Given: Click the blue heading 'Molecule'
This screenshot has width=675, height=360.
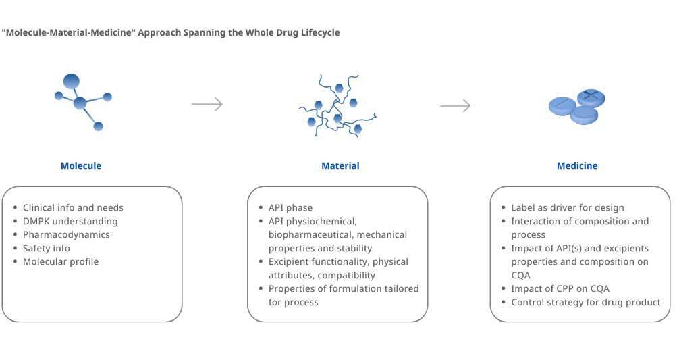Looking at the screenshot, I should pos(81,165).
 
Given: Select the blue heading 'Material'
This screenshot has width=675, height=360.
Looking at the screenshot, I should pos(340,165).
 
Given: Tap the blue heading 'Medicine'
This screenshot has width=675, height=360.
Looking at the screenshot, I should pos(577,165).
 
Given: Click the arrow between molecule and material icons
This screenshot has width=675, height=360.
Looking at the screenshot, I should pos(207,104).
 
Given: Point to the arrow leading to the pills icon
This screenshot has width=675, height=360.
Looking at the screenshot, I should pos(456,105).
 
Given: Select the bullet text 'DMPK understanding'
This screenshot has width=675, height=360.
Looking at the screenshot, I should pos(70,221).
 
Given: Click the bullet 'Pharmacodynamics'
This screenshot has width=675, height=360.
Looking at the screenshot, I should pos(66,234).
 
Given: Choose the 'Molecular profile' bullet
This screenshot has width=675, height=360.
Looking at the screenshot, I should pos(61,261).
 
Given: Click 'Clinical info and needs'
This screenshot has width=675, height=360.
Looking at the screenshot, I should pos(73,207).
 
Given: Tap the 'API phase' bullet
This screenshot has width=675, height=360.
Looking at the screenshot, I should pos(290,207).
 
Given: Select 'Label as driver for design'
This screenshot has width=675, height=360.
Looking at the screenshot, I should pos(568,207).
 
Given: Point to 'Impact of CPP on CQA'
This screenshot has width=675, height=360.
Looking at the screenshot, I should pos(560,288).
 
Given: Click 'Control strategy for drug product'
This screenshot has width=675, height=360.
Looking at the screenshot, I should pos(586,302).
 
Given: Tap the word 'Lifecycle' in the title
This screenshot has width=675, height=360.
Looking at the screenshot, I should pos(317,32).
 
